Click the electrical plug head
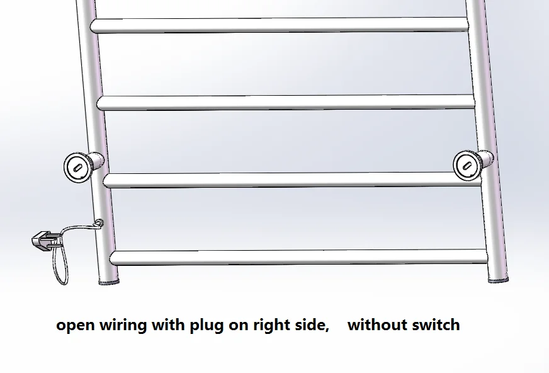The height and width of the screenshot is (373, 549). click(42, 241)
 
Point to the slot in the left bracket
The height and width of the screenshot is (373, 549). click(77, 168)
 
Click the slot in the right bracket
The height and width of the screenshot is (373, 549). click(467, 166)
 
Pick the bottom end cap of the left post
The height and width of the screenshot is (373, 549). click(109, 282)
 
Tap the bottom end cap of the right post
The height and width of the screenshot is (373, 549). click(499, 280)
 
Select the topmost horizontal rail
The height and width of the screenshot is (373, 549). click(280, 25)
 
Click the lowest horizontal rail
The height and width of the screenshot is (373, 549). click(298, 258)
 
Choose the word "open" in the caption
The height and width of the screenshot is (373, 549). click(76, 326)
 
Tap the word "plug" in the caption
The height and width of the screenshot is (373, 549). click(207, 325)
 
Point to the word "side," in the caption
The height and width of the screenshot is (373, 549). click(312, 324)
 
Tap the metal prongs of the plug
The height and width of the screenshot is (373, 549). click(54, 242)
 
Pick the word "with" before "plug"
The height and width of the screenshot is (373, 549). click(168, 324)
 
